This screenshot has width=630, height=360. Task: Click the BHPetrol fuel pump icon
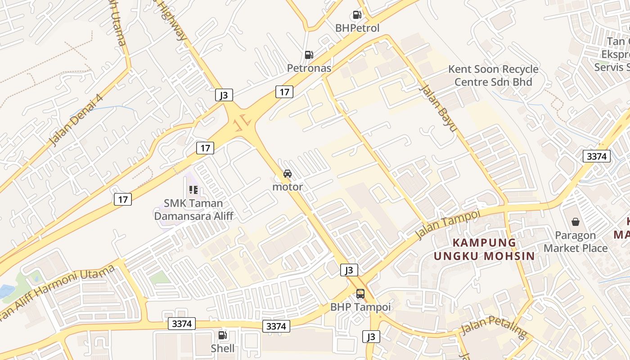point(357,15)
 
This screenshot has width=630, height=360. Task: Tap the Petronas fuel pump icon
point(309,55)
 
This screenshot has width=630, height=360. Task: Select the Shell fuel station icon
point(222,335)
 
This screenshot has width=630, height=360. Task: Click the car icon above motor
point(287,174)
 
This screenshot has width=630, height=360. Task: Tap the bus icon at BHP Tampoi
point(360,294)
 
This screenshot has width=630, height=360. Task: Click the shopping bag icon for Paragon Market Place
point(575,222)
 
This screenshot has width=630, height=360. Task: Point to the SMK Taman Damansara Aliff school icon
point(193,190)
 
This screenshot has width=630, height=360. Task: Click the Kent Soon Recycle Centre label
point(493,76)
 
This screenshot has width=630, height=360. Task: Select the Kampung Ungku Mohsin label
point(484,249)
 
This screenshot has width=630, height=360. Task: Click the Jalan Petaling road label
point(494,328)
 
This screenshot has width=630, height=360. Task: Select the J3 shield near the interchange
point(224,95)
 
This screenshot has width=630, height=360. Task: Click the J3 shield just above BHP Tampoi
point(349,270)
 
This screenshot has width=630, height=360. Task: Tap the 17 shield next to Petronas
point(284,92)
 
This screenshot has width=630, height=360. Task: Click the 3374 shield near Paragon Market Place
point(597,157)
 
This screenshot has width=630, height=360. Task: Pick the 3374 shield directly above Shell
point(182,324)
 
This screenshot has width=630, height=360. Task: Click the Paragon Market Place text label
point(576,242)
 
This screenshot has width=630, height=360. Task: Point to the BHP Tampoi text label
point(360,307)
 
